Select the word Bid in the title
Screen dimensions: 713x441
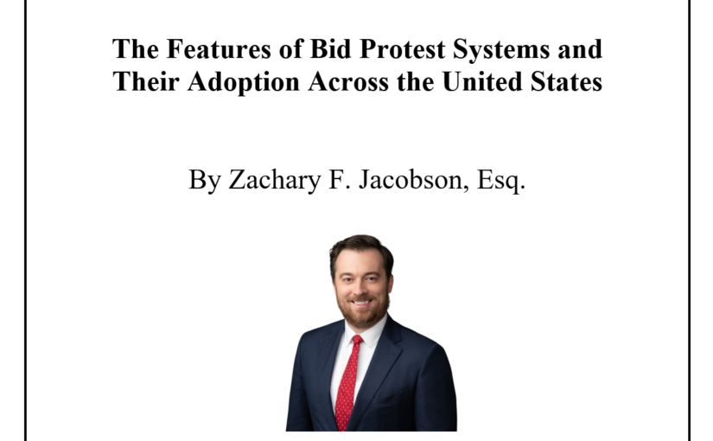point(331,49)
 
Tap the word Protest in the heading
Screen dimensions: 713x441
point(402,49)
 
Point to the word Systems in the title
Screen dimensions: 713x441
point(501,50)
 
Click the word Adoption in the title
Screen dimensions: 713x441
point(243,83)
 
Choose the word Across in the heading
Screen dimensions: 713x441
point(348,82)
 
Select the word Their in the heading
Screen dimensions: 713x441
point(146,82)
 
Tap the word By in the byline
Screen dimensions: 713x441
point(205,180)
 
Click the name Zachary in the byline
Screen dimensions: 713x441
point(275,180)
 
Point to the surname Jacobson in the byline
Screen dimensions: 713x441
point(414,180)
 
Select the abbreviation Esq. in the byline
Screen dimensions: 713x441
point(501,180)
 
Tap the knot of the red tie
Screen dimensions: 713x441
point(357,340)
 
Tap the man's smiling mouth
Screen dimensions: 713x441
point(362,302)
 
